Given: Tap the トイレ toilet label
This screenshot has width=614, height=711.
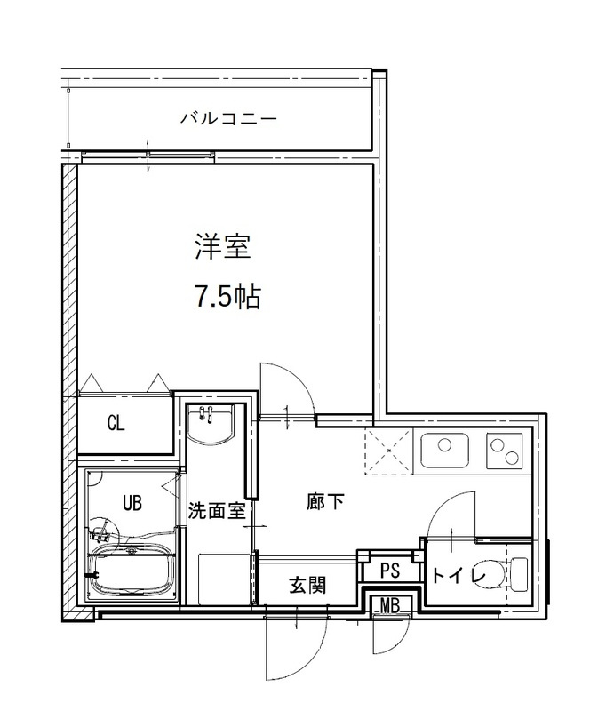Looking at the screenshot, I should click(458, 576).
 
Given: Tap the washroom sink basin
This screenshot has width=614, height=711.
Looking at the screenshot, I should click(211, 427).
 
